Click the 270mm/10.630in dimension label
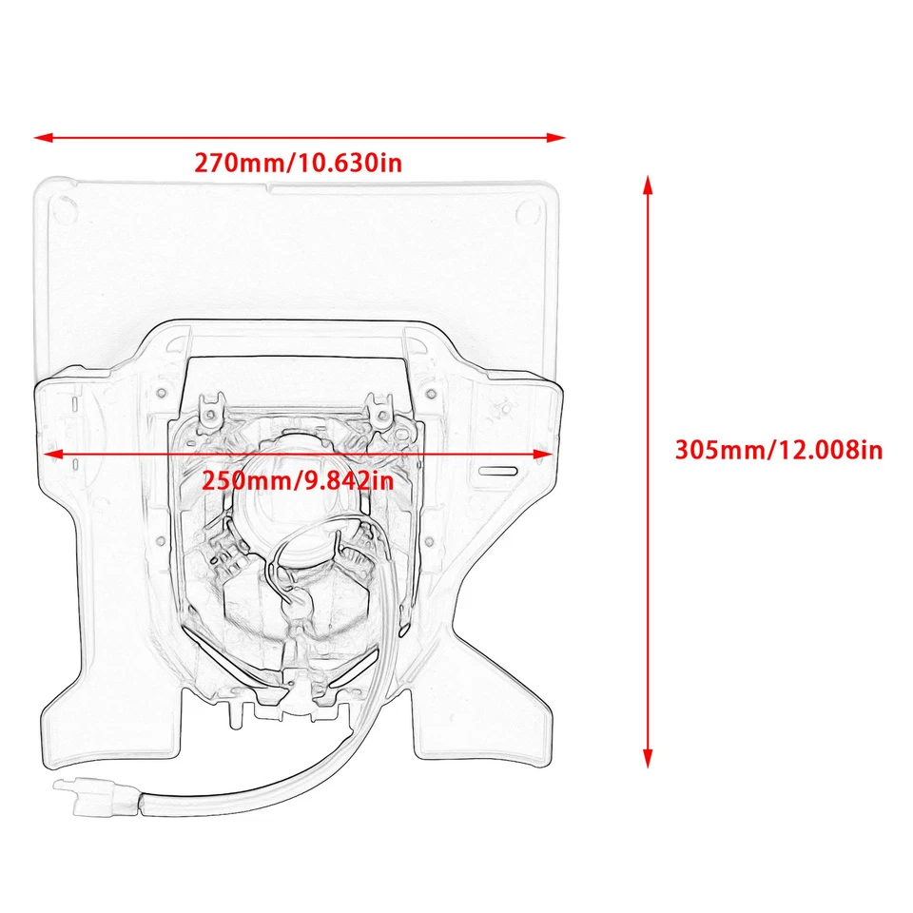(299, 163)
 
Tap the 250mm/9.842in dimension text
(298, 481)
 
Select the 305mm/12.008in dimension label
(779, 449)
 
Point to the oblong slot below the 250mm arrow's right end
(495, 471)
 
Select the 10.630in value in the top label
(350, 163)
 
